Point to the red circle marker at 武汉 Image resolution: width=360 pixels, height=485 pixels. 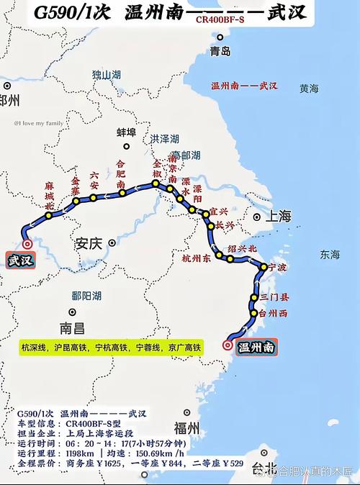click(x=27, y=244)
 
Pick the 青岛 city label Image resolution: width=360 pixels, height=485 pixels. click(x=220, y=51)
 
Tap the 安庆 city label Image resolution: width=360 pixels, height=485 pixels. click(x=91, y=245)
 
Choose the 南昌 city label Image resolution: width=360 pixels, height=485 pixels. click(x=72, y=328)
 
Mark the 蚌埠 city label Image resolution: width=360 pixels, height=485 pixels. click(x=126, y=132)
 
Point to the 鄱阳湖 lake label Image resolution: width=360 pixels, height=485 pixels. click(x=86, y=296)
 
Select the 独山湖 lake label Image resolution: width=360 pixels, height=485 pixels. click(x=107, y=75)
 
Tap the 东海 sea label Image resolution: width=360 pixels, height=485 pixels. click(x=330, y=254)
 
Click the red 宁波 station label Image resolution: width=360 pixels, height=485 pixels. click(x=278, y=268)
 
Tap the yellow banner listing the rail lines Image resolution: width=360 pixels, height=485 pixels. click(x=112, y=348)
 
